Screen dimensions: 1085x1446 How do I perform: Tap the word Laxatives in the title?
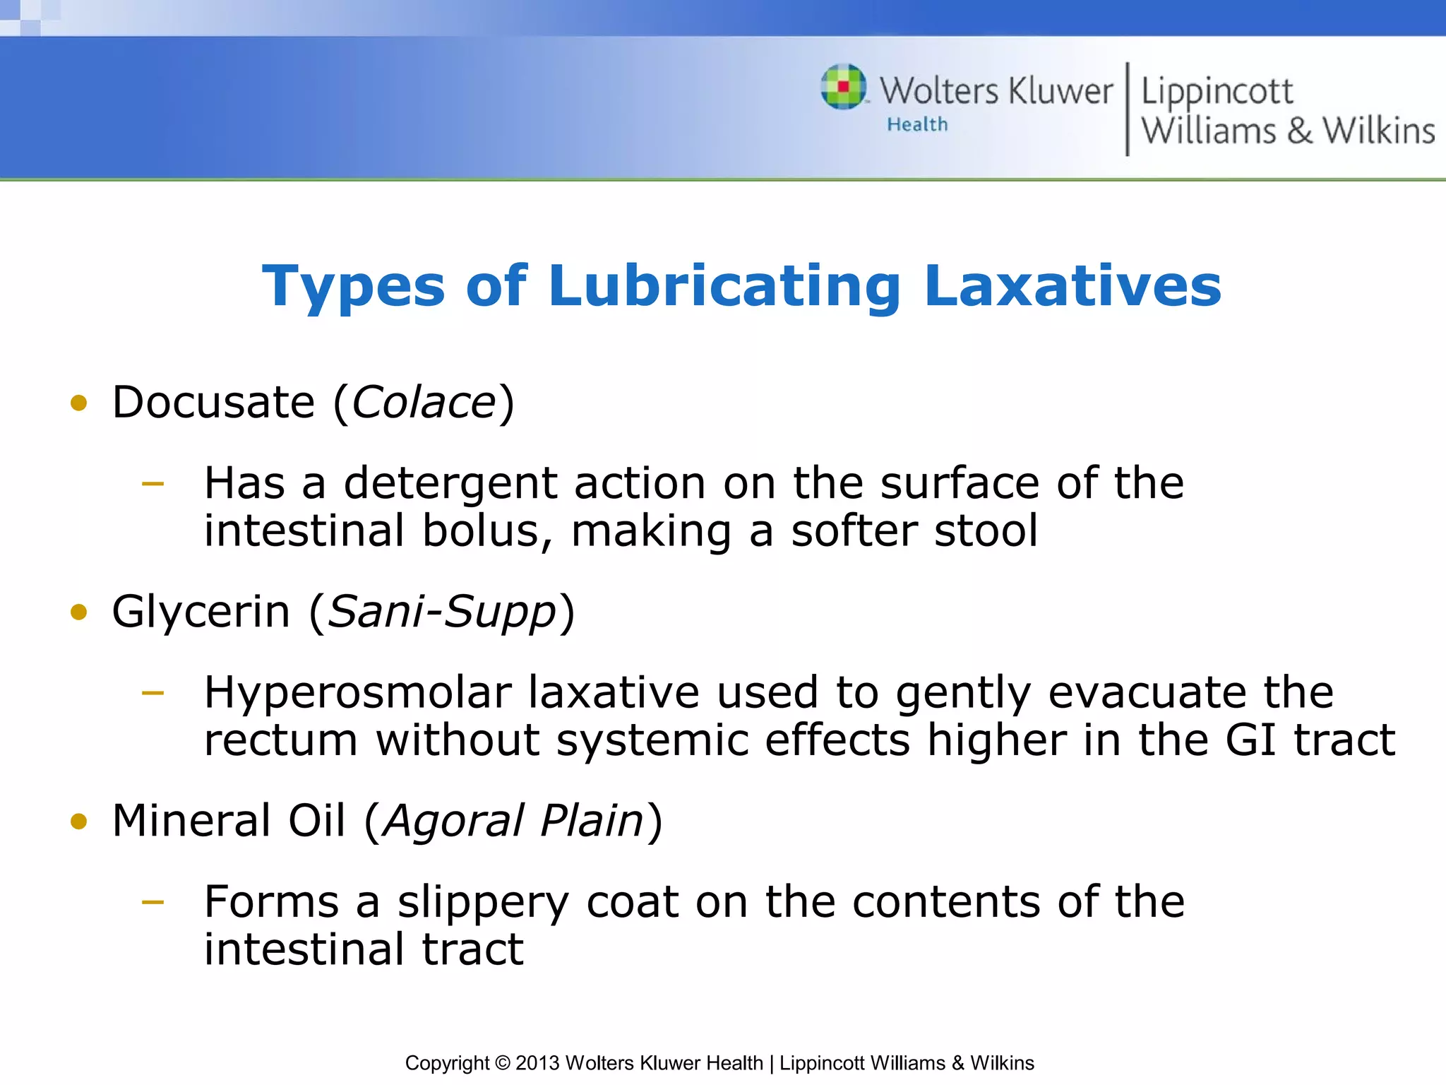coord(1072,287)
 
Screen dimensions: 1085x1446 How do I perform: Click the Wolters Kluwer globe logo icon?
coord(843,87)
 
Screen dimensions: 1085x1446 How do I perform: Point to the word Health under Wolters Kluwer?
coord(917,125)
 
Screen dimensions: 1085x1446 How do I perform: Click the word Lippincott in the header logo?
coord(1217,92)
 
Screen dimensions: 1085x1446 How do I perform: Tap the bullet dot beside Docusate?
coord(78,403)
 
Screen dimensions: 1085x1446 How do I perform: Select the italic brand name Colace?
coord(424,403)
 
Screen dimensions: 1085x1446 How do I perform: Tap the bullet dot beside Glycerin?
coord(78,612)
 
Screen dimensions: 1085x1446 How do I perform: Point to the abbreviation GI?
coord(1250,740)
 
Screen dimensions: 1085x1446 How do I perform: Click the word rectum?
coord(280,742)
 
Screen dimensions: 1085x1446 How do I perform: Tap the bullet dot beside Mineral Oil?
coord(78,822)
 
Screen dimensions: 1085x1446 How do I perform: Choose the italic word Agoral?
coord(453,822)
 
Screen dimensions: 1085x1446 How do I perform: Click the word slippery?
coord(482,903)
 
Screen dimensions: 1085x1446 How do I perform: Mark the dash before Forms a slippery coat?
coord(153,902)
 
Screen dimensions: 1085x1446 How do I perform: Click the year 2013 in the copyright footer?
coord(537,1063)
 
